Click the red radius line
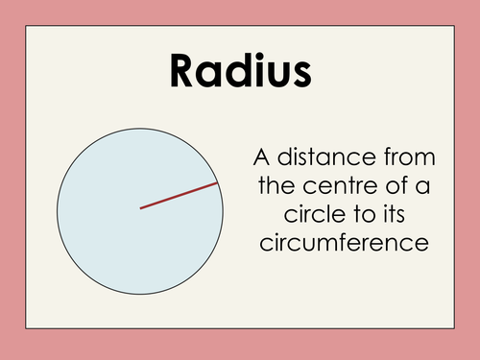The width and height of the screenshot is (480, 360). [180, 195]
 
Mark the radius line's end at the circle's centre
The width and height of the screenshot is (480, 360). [141, 207]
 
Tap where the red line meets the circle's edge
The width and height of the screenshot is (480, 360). [218, 182]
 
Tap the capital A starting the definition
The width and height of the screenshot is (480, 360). [259, 156]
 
